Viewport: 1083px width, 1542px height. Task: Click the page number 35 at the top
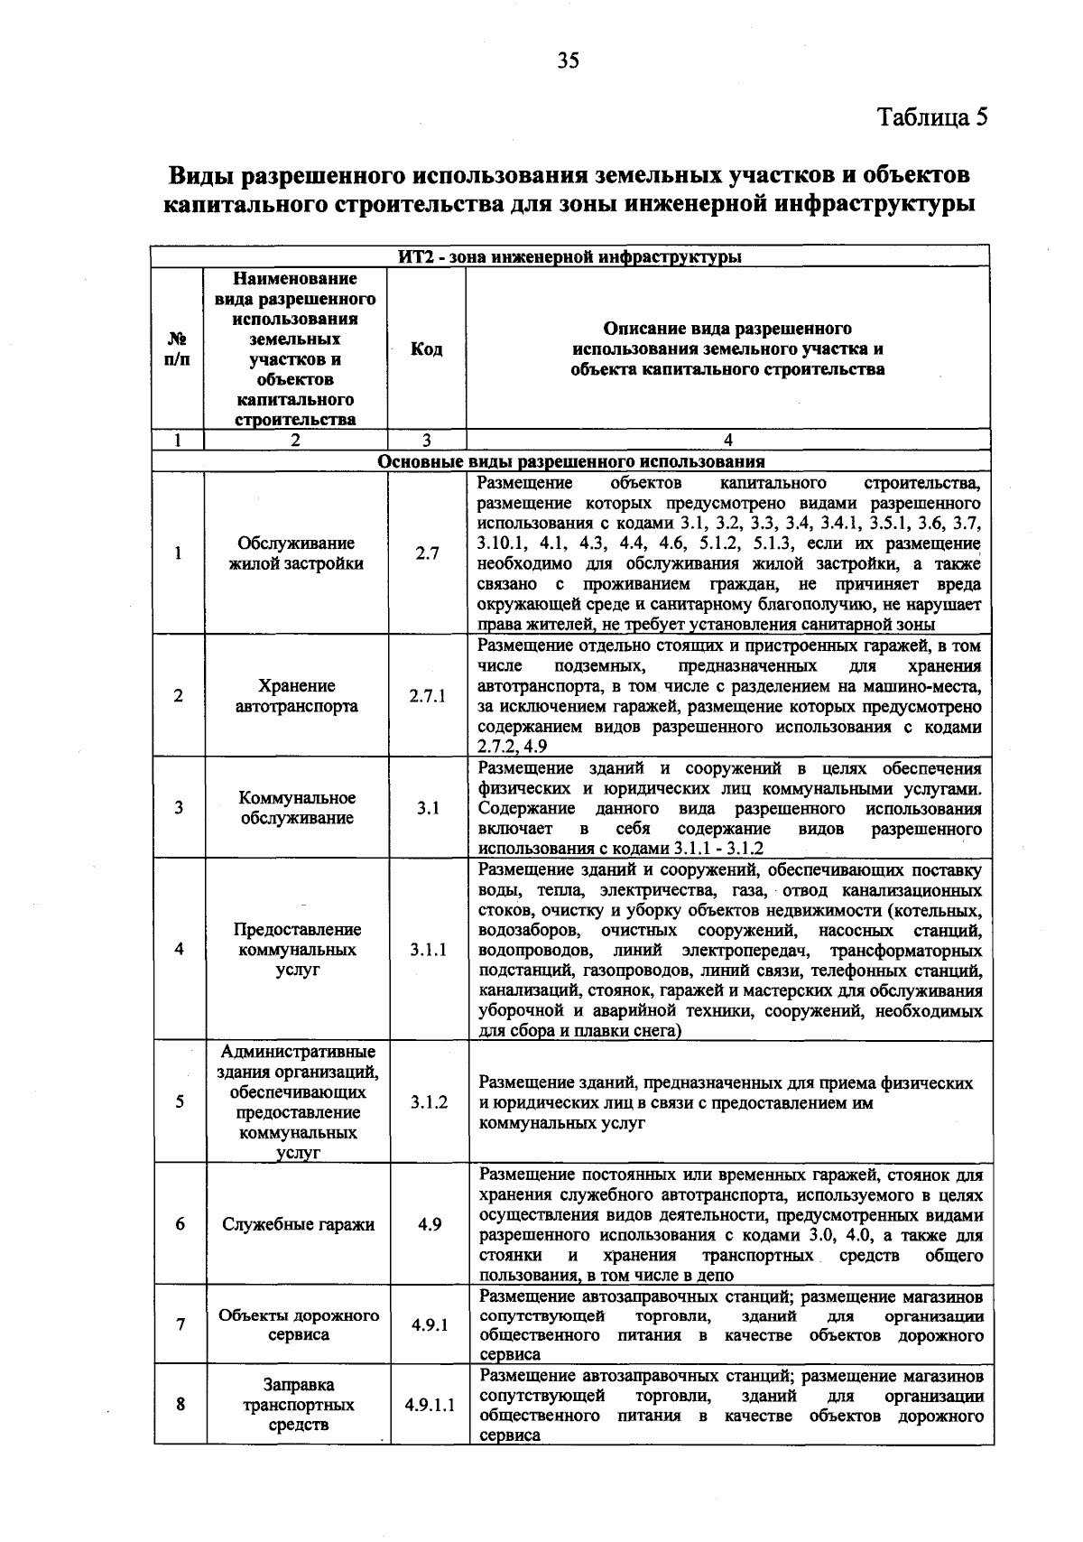pos(567,60)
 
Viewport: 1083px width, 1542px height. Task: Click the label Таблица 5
pos(933,117)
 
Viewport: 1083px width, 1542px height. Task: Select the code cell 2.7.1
pos(427,696)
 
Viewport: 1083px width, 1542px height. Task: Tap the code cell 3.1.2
pos(429,1102)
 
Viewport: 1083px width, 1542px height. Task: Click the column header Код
pos(426,349)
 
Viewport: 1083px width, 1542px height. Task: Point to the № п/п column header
pos(178,349)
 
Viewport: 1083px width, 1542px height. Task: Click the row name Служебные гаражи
pos(298,1225)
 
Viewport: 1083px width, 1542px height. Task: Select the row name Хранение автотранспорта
pos(296,696)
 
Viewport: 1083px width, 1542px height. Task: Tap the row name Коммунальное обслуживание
pos(297,808)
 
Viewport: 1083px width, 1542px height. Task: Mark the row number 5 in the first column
pos(180,1101)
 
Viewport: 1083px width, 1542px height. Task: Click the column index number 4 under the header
pos(727,440)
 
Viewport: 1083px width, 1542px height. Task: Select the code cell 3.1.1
pos(428,950)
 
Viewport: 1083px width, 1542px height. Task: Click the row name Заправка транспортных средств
pos(298,1405)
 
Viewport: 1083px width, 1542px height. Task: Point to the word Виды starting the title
pos(206,173)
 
